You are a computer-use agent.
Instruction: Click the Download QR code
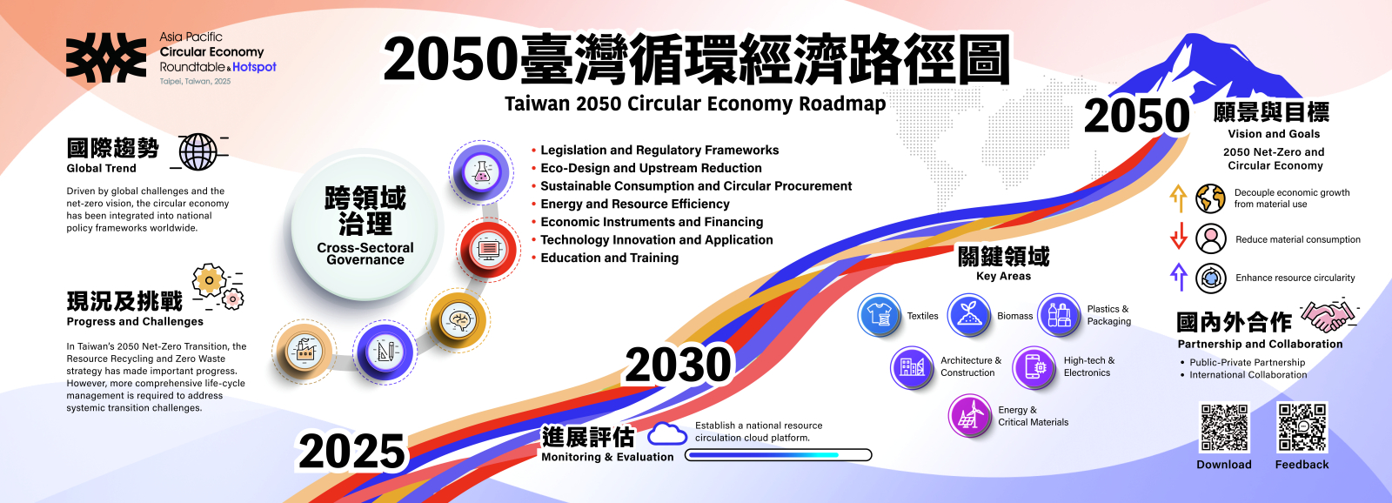1224,427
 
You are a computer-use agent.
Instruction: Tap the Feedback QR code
1302,427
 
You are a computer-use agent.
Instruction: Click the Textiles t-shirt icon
880,315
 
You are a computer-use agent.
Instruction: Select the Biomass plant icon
969,315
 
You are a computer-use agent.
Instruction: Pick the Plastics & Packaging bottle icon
1059,315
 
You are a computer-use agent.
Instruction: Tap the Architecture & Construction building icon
912,366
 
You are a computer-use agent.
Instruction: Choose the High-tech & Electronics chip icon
1034,366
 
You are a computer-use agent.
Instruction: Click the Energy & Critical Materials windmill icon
970,416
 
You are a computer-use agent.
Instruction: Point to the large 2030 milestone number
679,365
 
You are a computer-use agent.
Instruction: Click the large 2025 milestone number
352,452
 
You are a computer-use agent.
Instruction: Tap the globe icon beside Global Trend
198,152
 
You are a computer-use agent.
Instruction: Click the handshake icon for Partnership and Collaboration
1328,315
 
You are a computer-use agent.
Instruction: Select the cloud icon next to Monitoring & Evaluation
667,433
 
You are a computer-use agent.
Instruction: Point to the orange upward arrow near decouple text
1178,198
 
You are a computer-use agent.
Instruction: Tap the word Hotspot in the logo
255,67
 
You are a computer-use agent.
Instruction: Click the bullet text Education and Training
609,258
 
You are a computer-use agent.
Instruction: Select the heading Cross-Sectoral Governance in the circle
365,253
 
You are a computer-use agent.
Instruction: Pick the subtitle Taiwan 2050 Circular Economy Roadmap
695,104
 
